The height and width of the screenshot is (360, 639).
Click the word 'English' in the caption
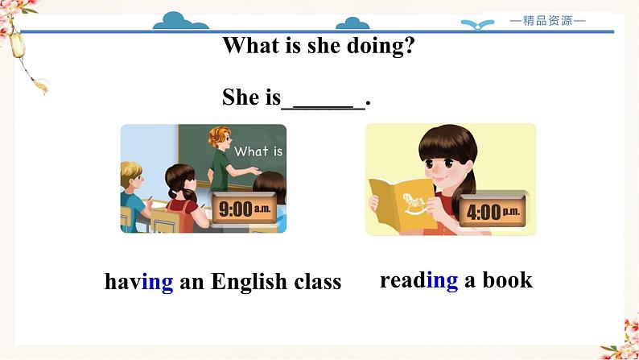[249, 282]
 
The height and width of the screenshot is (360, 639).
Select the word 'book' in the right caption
[507, 279]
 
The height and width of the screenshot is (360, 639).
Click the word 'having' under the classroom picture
[138, 282]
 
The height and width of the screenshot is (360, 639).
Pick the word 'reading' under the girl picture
[418, 279]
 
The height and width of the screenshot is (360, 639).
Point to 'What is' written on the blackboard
[258, 151]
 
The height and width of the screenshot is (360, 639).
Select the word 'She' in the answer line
[240, 97]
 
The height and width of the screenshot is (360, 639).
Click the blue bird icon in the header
[481, 24]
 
